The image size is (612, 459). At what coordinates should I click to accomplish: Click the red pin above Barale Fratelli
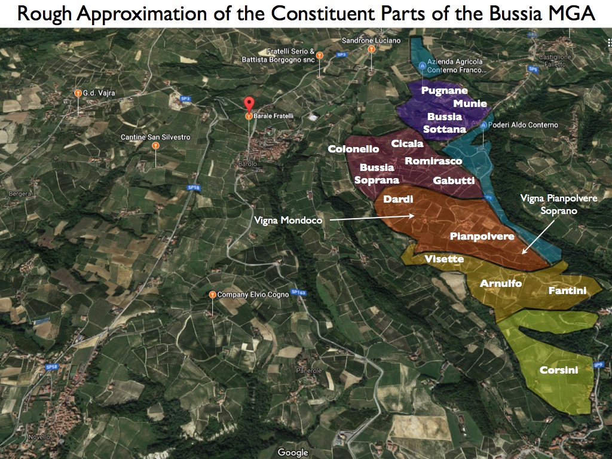248,103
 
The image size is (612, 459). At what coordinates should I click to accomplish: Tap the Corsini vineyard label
559,371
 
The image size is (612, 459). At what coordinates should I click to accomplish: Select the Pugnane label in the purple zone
444,90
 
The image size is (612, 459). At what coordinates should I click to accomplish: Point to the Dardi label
398,199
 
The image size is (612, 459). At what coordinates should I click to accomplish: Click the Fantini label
567,291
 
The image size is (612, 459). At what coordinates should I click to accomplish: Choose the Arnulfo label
501,283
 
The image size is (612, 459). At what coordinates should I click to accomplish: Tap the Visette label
444,259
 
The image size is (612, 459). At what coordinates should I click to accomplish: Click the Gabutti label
454,180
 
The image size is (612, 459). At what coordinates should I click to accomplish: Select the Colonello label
354,149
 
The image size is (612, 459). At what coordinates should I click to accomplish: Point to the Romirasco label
433,161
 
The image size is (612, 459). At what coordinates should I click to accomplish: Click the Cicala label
407,143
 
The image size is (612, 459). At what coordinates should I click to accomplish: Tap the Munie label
470,103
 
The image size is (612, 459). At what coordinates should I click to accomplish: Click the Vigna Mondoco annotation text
288,221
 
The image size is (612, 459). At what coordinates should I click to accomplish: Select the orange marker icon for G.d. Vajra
78,93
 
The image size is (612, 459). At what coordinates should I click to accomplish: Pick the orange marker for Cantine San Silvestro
155,145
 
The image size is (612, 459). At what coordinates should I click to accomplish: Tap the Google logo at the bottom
293,452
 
